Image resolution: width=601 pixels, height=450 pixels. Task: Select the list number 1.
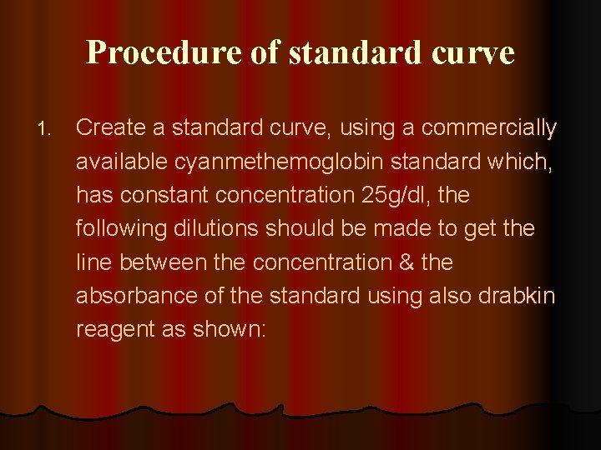click(45, 129)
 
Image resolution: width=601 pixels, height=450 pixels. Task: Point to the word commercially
click(489, 127)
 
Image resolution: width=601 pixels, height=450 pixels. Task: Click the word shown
click(229, 328)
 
